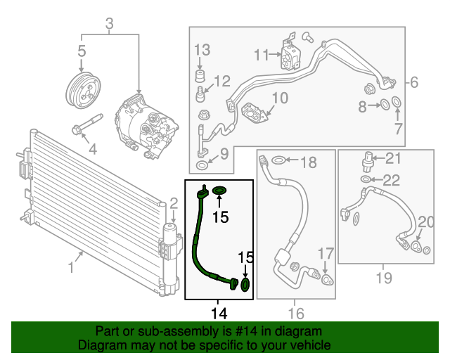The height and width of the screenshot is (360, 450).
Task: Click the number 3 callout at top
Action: pos(109,26)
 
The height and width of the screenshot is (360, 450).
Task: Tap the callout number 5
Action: pos(82,51)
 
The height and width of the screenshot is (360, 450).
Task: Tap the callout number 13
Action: pos(202,49)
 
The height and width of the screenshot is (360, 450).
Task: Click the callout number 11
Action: pos(262,54)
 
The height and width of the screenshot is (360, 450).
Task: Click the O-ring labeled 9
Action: pos(202,165)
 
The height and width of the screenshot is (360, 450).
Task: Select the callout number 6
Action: pos(414,82)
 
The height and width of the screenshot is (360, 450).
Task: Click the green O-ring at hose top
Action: pos(220,191)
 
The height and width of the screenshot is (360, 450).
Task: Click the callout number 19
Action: pos(382,278)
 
